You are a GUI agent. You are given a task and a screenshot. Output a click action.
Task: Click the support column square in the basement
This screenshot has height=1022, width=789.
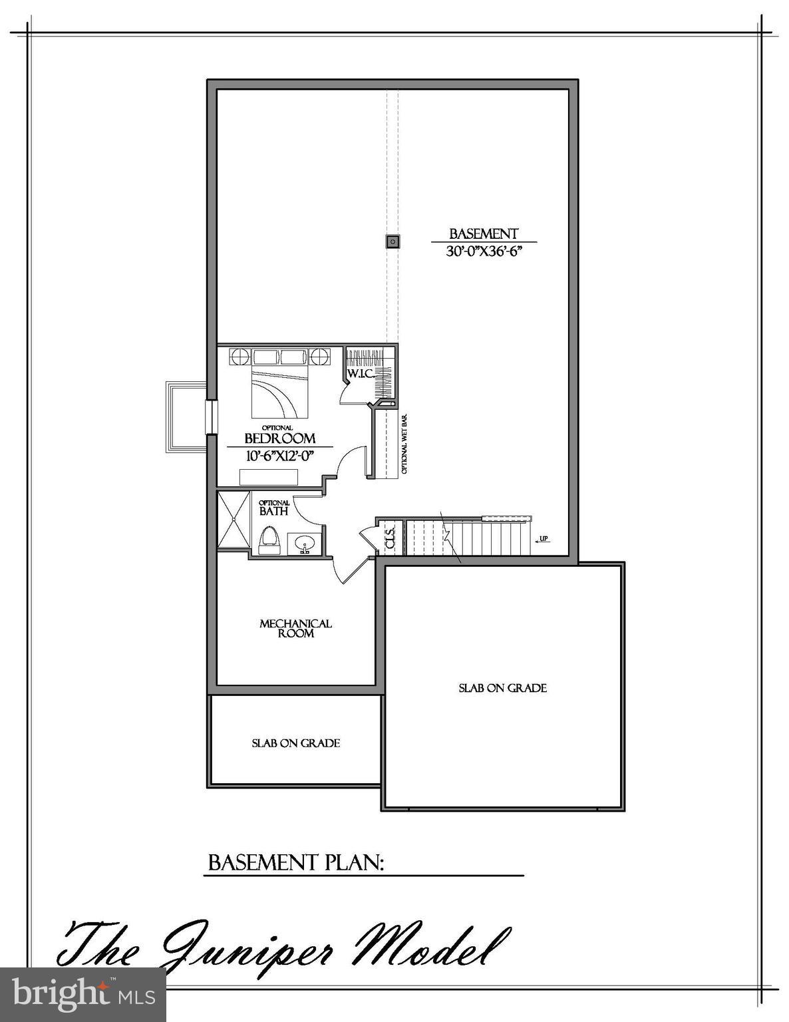pyautogui.click(x=393, y=242)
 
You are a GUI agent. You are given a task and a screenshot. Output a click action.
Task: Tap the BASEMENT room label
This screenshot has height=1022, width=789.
pyautogui.click(x=484, y=234)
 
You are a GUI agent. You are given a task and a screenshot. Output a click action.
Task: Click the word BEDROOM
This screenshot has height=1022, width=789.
pyautogui.click(x=279, y=438)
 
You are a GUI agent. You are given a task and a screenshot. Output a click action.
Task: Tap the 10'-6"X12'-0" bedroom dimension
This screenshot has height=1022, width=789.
pyautogui.click(x=279, y=456)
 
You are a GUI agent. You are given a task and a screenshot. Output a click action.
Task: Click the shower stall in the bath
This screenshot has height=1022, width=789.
pyautogui.click(x=233, y=520)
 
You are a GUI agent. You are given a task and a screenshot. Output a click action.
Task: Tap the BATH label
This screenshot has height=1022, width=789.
pyautogui.click(x=274, y=512)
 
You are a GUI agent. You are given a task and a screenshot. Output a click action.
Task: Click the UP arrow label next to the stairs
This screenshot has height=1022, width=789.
pyautogui.click(x=543, y=539)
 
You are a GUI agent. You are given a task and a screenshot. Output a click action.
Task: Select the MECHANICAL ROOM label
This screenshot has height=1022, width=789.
pyautogui.click(x=295, y=629)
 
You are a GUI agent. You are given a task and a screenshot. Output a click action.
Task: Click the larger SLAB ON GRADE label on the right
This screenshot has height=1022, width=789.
pyautogui.click(x=502, y=688)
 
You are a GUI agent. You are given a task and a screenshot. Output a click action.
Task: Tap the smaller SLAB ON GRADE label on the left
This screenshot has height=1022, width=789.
pyautogui.click(x=295, y=743)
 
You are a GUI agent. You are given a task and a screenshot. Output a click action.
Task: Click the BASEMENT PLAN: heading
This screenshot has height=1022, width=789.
pyautogui.click(x=297, y=863)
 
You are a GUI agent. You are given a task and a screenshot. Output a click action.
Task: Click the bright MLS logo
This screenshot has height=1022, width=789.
pyautogui.click(x=83, y=995)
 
